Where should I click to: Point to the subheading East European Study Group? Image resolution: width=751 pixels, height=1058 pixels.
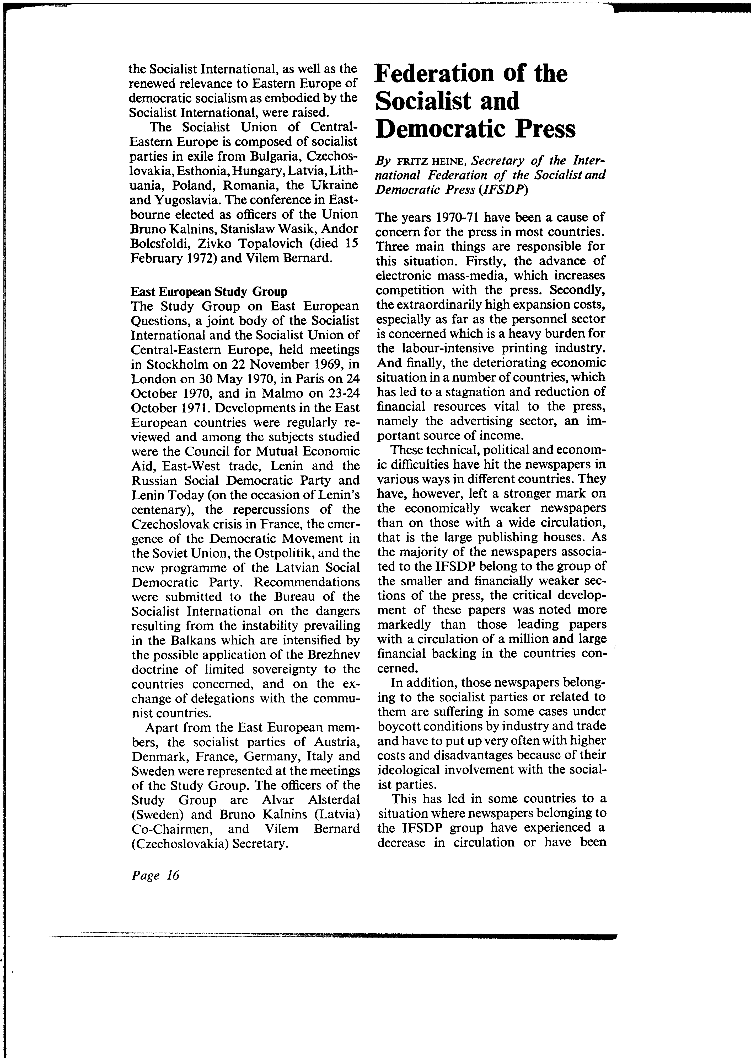pos(209,292)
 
